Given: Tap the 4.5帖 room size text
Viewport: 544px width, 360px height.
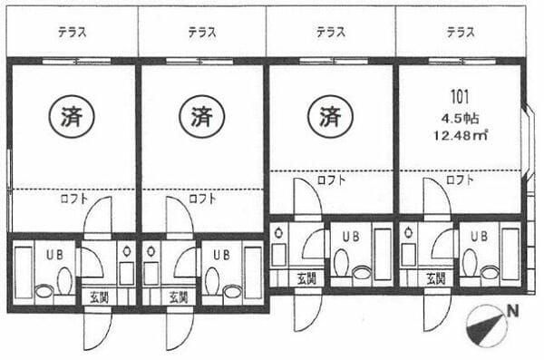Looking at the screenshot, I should (x=461, y=117).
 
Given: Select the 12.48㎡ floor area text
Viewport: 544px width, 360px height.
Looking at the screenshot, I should (x=461, y=137).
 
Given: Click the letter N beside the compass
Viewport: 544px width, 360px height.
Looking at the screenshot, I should (x=513, y=311).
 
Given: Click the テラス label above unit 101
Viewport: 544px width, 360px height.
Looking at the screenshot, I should (x=461, y=33).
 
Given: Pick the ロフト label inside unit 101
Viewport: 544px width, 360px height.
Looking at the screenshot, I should (x=461, y=180).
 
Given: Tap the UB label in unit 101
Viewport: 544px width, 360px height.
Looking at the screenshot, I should (x=478, y=236).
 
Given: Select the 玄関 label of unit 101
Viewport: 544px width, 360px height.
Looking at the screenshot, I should (x=436, y=277).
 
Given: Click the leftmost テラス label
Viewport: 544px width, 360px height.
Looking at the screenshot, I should (x=72, y=33).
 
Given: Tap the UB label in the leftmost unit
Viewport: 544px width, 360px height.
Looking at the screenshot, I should (x=54, y=255).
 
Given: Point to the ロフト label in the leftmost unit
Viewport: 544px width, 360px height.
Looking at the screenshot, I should (x=73, y=197).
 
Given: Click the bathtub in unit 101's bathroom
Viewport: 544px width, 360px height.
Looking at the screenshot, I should (x=510, y=254).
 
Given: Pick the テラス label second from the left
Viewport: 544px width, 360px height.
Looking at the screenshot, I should (x=202, y=33).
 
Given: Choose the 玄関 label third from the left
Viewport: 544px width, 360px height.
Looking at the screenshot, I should (x=306, y=277).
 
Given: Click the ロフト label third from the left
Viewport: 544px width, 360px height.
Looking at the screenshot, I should (x=331, y=180).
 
